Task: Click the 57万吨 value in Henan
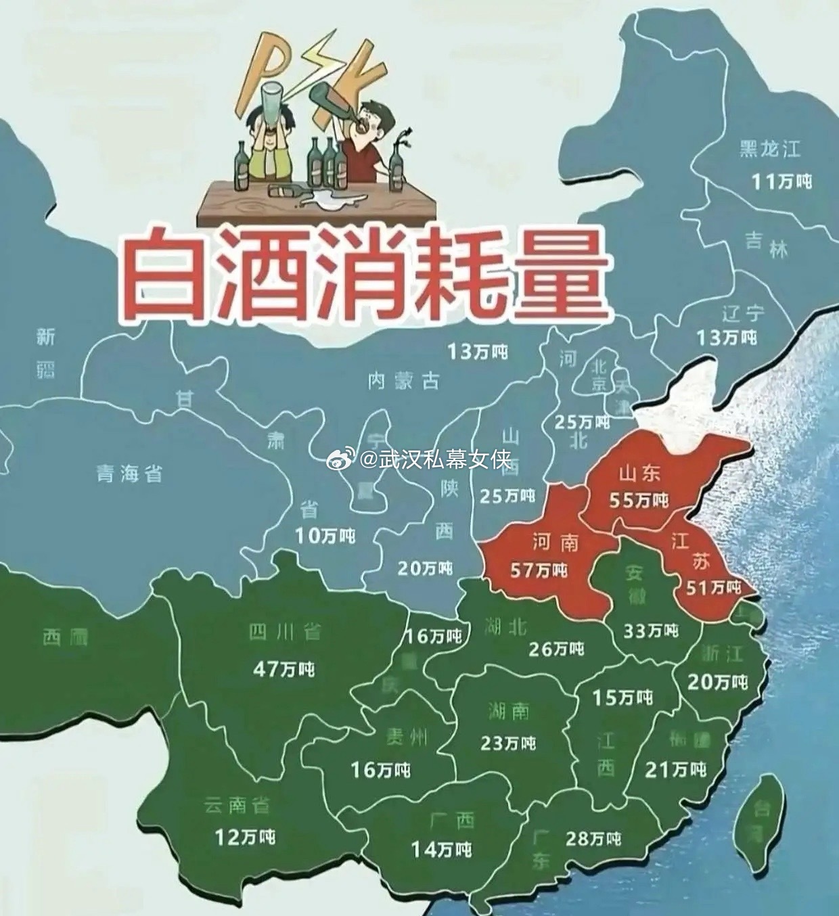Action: point(539,570)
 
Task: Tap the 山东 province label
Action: point(639,474)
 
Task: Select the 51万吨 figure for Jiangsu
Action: point(714,587)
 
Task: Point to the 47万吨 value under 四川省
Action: point(284,669)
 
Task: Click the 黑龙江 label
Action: point(770,149)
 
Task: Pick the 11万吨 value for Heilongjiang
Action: point(782,181)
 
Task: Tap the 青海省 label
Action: point(129,474)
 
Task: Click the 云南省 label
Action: point(237,805)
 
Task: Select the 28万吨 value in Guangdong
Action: point(593,839)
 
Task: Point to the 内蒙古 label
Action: point(403,381)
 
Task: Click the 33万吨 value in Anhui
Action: point(650,631)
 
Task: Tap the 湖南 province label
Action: point(508,711)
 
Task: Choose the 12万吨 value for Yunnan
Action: point(245,837)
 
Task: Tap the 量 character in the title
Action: point(559,273)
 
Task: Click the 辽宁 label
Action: point(743,314)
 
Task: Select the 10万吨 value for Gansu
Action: point(325,536)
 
